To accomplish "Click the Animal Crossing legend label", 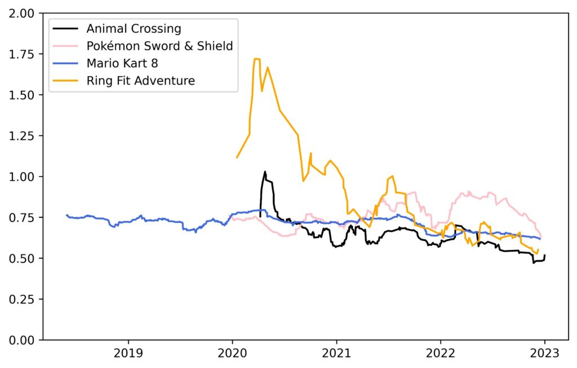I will [x=134, y=29].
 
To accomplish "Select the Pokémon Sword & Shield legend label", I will [x=159, y=46].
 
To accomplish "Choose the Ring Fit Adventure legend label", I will [x=140, y=81].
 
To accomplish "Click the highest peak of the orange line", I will [x=256, y=59].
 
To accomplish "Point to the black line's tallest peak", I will [x=265, y=172].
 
